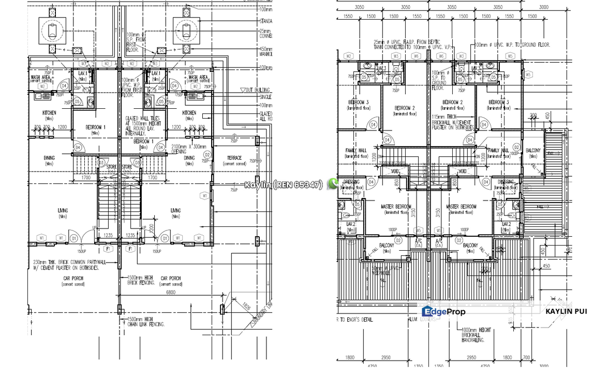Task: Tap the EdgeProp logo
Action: click(x=443, y=311)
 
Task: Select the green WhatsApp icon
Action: click(x=333, y=183)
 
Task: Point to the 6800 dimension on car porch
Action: click(x=170, y=293)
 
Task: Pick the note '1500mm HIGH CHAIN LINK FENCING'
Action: click(x=146, y=322)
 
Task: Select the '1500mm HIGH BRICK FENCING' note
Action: click(x=141, y=280)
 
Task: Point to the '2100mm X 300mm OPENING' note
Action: click(x=188, y=149)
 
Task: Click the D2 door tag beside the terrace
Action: click(x=207, y=154)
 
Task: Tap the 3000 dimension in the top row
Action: click(x=543, y=7)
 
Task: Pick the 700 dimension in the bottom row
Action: click(x=526, y=357)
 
